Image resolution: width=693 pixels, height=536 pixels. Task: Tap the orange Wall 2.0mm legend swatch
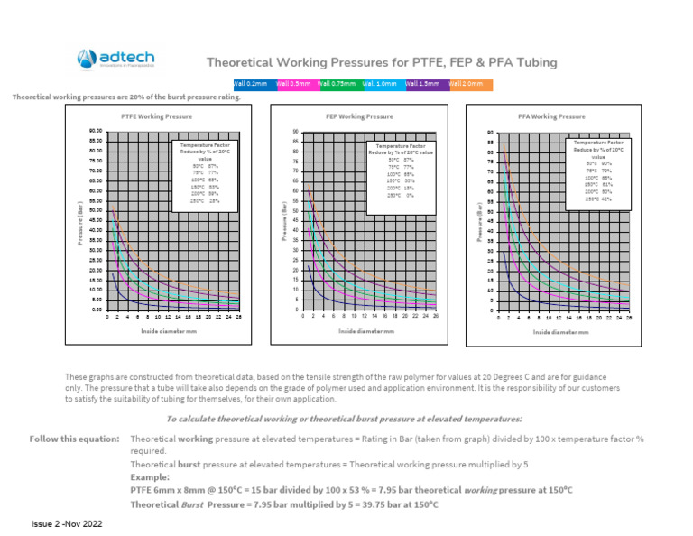click(x=470, y=83)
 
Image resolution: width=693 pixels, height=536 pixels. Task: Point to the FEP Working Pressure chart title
click(x=359, y=116)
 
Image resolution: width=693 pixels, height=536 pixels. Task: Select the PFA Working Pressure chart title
click(x=551, y=116)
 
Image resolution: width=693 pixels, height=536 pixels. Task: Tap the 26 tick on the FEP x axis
click(x=436, y=317)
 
